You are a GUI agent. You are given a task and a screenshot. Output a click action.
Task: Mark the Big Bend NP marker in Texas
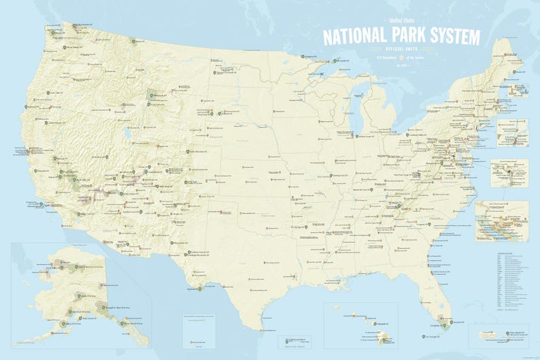pos(199,288)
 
